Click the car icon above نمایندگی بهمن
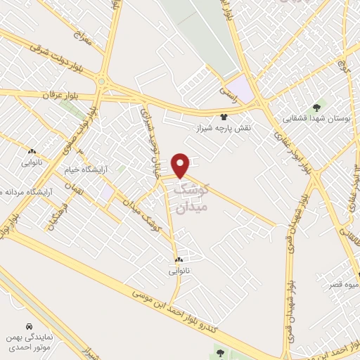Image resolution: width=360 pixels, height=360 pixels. coord(27,327)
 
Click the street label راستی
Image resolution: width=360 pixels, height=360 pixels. coord(229,90)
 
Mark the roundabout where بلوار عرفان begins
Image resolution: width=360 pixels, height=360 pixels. coord(103,82)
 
